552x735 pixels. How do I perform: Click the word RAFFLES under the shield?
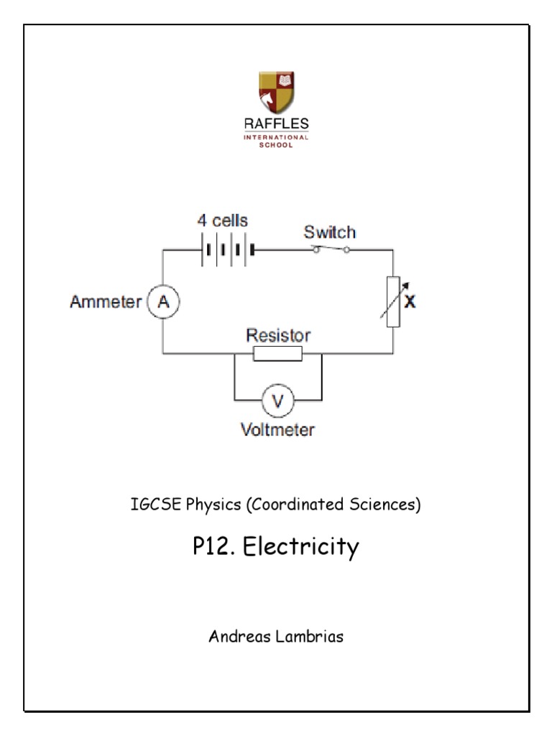click(276, 124)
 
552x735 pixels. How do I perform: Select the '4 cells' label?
click(223, 220)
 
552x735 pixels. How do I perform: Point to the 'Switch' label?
click(329, 232)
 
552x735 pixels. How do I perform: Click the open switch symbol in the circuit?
click(331, 249)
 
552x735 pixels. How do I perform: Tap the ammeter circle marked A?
click(163, 302)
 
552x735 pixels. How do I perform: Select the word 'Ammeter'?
click(106, 302)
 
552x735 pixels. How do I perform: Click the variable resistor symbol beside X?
click(392, 301)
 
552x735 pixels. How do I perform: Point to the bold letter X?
click(410, 302)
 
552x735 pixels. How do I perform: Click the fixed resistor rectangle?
click(277, 353)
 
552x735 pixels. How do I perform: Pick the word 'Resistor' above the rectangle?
click(278, 334)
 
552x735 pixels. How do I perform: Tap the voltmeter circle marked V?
click(277, 400)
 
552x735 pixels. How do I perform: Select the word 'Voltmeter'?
click(277, 431)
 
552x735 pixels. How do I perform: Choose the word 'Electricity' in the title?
click(300, 548)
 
